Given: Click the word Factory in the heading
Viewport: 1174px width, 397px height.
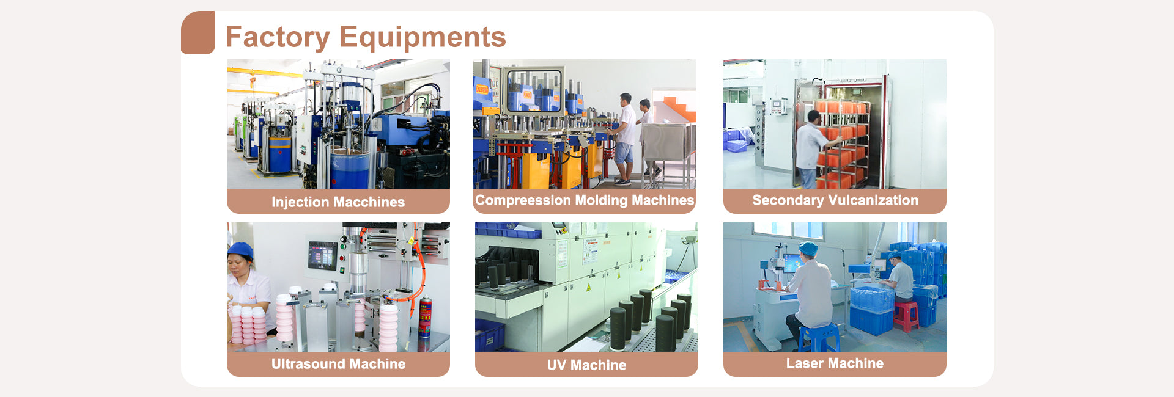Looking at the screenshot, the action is click(x=278, y=38).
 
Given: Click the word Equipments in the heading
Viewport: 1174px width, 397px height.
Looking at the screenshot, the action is click(x=423, y=37).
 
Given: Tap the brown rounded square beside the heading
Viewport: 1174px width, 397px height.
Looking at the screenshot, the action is click(x=198, y=33).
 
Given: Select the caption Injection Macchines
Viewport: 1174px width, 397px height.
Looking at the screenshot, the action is click(x=338, y=202).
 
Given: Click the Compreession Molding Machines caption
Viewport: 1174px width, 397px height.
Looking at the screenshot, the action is click(x=585, y=200).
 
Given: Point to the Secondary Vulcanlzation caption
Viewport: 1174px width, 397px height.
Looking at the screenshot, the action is click(x=835, y=200).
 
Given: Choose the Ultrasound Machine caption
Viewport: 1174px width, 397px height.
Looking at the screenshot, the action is click(x=338, y=364).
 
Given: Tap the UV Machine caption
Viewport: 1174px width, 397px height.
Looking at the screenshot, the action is click(x=586, y=365).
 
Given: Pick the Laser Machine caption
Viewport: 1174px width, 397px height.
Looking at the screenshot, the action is click(x=835, y=363).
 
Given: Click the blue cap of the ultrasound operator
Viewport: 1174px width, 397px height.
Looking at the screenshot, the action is click(x=240, y=250).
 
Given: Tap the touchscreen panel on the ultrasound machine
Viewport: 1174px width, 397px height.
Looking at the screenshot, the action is click(x=322, y=255).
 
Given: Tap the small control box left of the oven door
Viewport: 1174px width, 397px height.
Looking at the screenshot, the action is click(x=778, y=106).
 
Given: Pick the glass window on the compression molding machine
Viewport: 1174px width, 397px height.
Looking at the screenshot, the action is click(x=534, y=90).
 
